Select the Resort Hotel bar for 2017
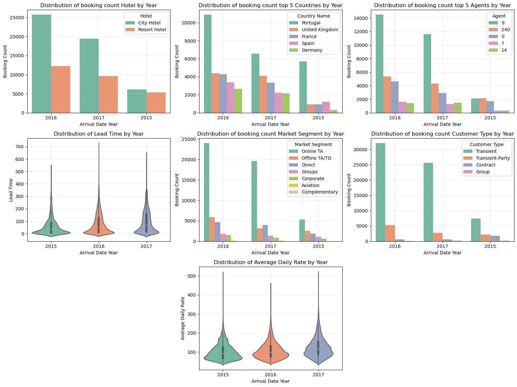pyautogui.click(x=108, y=94)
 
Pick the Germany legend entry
pyautogui.click(x=312, y=50)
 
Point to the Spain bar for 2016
pyautogui.click(x=230, y=98)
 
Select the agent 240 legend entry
pyautogui.click(x=506, y=30)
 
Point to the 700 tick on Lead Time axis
pyautogui.click(x=19, y=147)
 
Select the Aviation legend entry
pyautogui.click(x=310, y=185)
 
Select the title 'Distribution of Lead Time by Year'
pyautogui.click(x=99, y=134)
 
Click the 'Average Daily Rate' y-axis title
pyautogui.click(x=183, y=318)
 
